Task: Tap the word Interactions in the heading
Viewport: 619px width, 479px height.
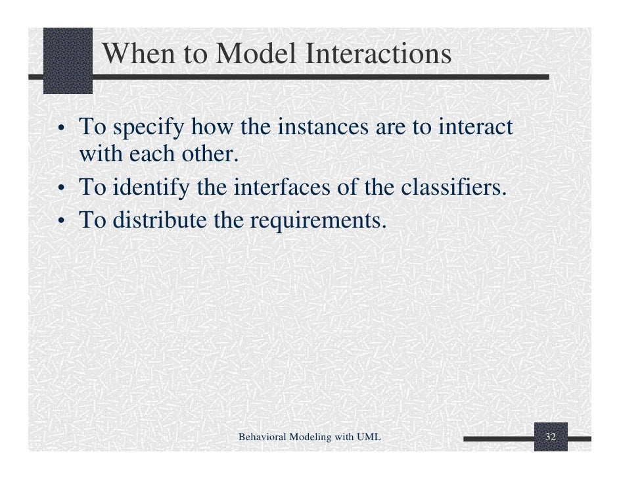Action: click(378, 53)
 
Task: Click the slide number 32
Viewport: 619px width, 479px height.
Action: click(550, 436)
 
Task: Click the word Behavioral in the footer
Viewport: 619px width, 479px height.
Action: click(263, 437)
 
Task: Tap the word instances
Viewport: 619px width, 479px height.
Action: click(323, 126)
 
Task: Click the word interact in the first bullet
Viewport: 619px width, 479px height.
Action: click(475, 126)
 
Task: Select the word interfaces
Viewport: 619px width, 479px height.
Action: click(282, 187)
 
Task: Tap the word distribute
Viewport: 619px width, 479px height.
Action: click(160, 220)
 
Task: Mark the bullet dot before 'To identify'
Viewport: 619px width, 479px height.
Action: click(61, 188)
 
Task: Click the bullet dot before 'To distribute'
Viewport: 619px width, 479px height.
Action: click(61, 220)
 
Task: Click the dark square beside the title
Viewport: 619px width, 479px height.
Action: click(68, 61)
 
